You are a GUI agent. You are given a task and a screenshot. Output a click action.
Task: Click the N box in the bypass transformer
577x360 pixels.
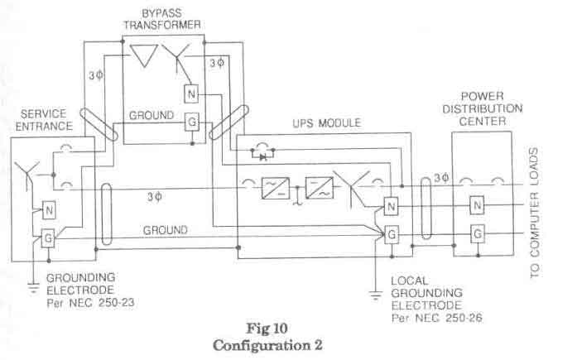191,94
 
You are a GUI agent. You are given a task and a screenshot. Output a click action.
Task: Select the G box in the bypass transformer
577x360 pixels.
192,122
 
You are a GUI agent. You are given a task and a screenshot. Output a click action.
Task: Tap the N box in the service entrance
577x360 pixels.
49,210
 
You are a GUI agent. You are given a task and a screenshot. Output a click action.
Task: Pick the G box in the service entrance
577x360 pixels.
48,238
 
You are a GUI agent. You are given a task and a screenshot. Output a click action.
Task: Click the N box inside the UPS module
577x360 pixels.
391,206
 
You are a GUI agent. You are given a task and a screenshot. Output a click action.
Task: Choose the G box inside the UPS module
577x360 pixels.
392,234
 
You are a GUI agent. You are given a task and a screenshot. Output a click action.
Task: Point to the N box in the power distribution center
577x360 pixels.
477,205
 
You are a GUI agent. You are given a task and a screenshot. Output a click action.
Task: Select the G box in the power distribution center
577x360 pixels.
478,233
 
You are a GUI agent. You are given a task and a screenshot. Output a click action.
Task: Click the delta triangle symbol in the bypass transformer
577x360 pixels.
144,55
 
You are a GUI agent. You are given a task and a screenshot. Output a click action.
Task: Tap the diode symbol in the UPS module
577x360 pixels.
262,157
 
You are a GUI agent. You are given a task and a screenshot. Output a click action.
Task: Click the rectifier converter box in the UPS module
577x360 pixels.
275,188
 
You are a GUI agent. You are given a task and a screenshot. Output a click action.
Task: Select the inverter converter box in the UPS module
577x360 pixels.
320,188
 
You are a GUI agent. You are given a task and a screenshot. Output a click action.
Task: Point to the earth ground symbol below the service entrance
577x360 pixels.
33,288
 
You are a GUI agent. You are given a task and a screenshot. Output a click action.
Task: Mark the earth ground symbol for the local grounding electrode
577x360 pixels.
375,295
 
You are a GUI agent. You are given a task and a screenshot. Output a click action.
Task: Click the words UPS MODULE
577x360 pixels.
327,123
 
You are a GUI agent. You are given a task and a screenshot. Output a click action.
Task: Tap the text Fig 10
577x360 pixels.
267,329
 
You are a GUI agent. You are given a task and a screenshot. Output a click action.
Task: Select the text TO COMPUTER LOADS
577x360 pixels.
535,213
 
